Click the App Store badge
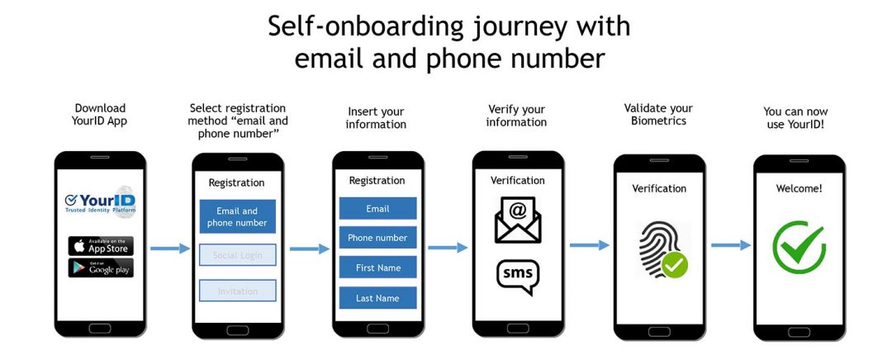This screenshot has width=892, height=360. click(x=100, y=246)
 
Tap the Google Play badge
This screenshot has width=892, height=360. click(x=100, y=268)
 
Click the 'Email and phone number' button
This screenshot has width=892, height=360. click(x=237, y=217)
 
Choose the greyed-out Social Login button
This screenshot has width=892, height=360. click(x=237, y=255)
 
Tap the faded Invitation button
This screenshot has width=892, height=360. click(x=237, y=291)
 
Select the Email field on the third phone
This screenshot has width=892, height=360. click(x=377, y=209)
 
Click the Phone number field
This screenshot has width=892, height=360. click(x=377, y=238)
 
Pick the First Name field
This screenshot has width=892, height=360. click(x=377, y=268)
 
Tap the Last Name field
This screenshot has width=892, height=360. click(x=377, y=297)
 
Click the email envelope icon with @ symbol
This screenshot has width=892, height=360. click(x=518, y=219)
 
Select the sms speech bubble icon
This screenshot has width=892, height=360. click(x=518, y=277)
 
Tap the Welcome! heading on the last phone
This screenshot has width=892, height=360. click(x=799, y=189)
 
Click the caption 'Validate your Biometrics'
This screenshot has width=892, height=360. click(x=658, y=115)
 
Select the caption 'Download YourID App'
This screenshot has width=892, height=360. click(x=100, y=115)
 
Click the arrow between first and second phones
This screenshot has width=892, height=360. click(x=170, y=248)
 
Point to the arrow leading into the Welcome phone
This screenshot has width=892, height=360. click(x=731, y=245)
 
